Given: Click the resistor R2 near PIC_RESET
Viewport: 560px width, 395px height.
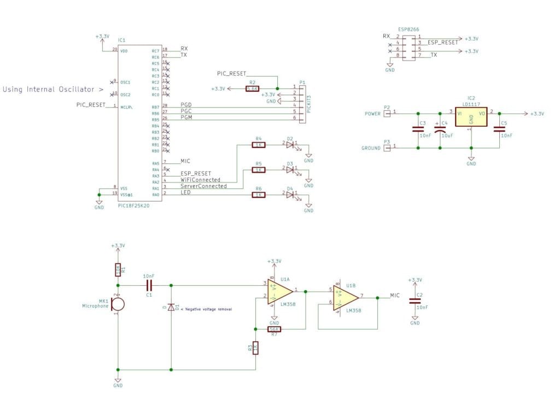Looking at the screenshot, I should (x=252, y=88).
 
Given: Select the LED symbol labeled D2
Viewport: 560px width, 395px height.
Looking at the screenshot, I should (x=290, y=145).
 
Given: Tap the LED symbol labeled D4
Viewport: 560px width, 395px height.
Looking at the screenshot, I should (x=290, y=194).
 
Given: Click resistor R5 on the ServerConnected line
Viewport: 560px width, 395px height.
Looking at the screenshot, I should (x=259, y=170).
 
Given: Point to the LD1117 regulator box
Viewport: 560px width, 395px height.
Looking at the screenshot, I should (x=470, y=116).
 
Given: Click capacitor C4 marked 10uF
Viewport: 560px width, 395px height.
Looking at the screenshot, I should (x=440, y=129).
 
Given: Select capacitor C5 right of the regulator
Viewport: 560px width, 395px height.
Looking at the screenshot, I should (x=499, y=129).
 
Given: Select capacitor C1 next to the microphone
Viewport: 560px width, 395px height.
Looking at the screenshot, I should (x=149, y=285).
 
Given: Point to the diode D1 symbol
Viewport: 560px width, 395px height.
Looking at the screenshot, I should (x=171, y=308).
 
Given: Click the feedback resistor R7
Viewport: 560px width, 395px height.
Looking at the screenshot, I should (x=273, y=329).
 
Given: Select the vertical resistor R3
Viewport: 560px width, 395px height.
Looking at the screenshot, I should (x=255, y=347).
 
